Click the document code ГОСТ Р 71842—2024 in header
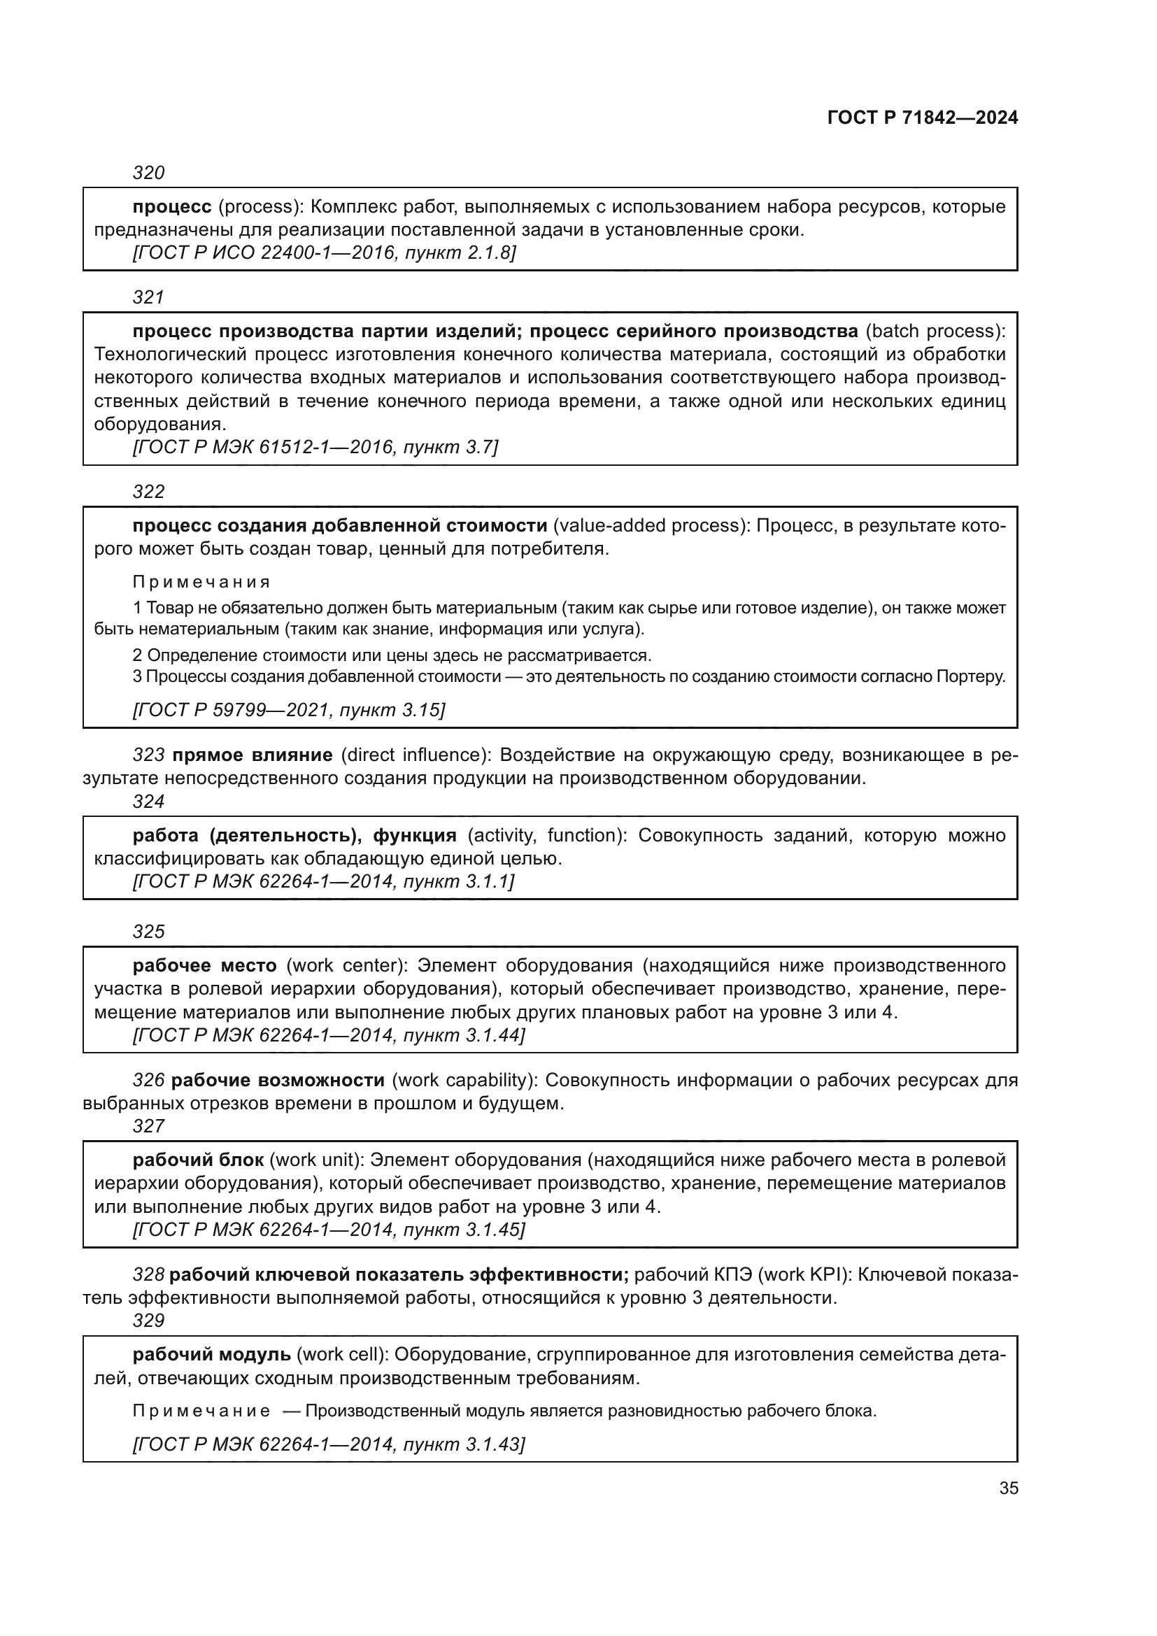[x=923, y=118]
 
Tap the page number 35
[x=1008, y=1488]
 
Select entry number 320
[x=149, y=173]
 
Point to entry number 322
[x=149, y=492]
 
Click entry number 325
[x=149, y=932]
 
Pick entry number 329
[x=149, y=1321]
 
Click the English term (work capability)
[x=464, y=1080]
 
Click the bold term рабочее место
[x=204, y=965]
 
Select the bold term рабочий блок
[x=198, y=1160]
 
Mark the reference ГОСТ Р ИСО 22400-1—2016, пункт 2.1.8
[x=324, y=253]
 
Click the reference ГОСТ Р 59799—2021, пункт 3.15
[x=288, y=710]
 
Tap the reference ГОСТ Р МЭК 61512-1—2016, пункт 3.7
[x=315, y=448]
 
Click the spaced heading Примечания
[x=201, y=582]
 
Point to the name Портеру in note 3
[x=970, y=676]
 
